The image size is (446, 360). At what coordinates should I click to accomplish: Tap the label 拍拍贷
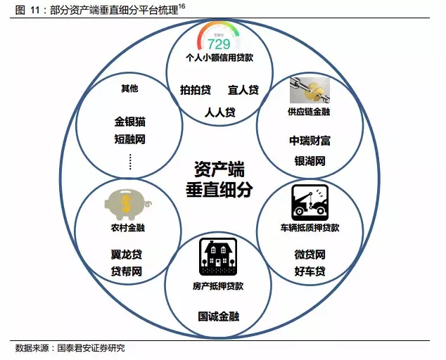click(x=195, y=90)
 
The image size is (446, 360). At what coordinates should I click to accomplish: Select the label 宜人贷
click(x=243, y=90)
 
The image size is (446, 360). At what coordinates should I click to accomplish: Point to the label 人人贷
click(x=219, y=112)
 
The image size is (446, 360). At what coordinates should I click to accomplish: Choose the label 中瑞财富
click(x=310, y=140)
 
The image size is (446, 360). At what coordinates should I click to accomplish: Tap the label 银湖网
click(x=310, y=161)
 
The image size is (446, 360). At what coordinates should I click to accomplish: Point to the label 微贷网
click(x=310, y=254)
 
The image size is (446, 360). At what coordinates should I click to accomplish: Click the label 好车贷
click(x=310, y=271)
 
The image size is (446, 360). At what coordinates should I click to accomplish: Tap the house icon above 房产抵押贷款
click(x=218, y=257)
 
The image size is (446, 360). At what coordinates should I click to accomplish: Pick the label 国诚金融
click(x=218, y=316)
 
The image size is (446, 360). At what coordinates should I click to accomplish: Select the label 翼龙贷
click(x=127, y=253)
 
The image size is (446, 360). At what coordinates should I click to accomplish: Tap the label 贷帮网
click(x=127, y=271)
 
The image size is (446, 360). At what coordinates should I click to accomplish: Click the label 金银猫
click(x=129, y=121)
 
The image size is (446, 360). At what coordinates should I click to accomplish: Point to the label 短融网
click(x=129, y=139)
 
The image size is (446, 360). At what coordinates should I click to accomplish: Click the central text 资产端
click(x=218, y=169)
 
